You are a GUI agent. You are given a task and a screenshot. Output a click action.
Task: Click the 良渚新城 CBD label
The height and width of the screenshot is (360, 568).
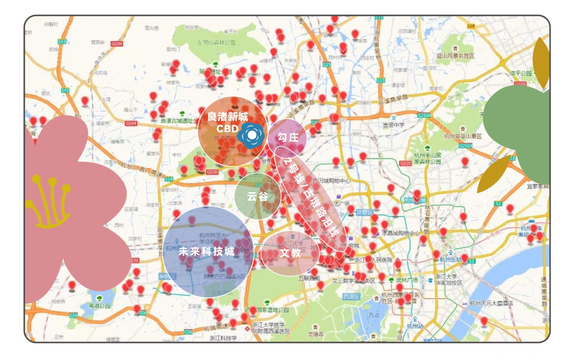point(227,122)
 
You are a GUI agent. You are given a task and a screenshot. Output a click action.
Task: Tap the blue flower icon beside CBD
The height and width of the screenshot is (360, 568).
point(252,136)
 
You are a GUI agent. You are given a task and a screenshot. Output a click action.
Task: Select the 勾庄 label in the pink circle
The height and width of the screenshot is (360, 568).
point(288,138)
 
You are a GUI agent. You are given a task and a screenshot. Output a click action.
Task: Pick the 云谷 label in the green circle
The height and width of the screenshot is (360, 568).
point(257,197)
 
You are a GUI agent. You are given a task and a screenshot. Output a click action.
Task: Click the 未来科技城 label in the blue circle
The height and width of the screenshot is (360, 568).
point(206,252)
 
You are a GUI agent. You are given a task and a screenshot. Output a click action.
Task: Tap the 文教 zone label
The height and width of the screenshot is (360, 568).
point(290,253)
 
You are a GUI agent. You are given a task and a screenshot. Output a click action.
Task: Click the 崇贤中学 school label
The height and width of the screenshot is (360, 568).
point(394,125)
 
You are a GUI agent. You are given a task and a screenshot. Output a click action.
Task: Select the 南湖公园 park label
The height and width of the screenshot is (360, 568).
point(99,305)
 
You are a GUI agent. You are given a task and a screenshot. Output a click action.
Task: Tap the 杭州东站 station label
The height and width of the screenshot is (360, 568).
point(451,259)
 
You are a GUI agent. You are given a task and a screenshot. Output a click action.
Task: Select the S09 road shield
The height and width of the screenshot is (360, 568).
point(471,26)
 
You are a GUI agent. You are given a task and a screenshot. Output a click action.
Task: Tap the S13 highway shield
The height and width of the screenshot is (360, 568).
point(380,80)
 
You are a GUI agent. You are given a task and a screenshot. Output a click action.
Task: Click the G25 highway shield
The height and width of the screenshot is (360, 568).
point(327,64)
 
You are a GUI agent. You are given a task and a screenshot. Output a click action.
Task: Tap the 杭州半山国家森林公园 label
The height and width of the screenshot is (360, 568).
point(427,158)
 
